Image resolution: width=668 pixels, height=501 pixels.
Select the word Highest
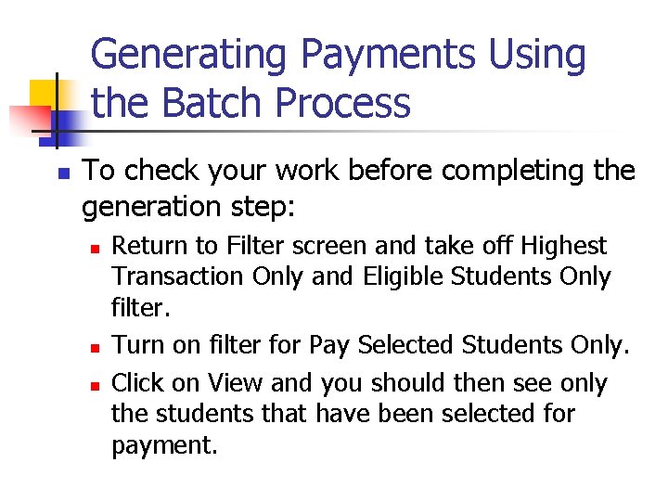563,246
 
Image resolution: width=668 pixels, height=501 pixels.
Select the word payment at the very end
164,445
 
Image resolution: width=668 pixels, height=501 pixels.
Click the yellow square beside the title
44,93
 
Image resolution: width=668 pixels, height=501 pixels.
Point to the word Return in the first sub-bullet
143,246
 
